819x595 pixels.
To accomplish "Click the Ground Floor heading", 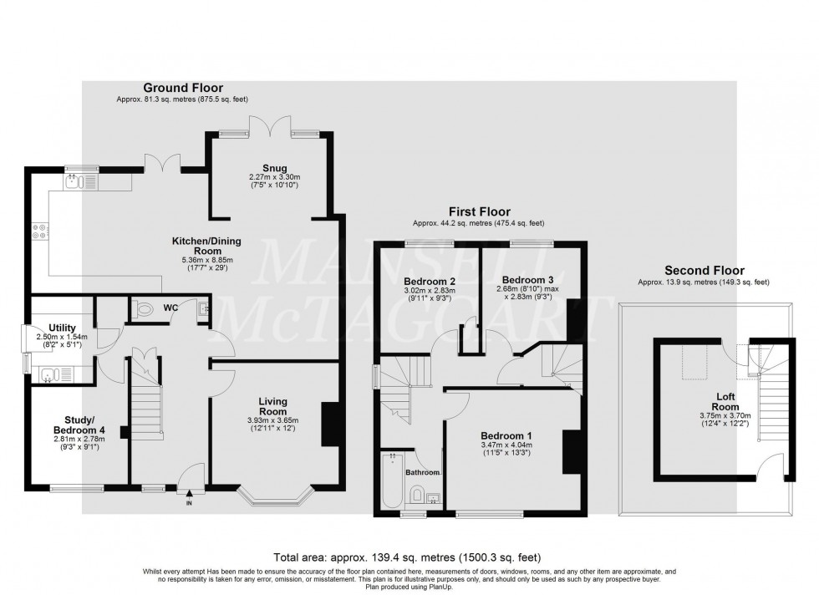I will tap(176, 88).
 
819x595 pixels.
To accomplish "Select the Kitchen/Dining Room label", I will tap(206, 246).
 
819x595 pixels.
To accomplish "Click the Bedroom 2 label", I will tap(429, 281).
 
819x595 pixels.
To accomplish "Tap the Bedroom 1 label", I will tap(506, 436).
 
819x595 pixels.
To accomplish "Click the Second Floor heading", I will tap(704, 271).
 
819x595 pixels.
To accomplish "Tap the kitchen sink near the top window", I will tap(73, 181).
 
